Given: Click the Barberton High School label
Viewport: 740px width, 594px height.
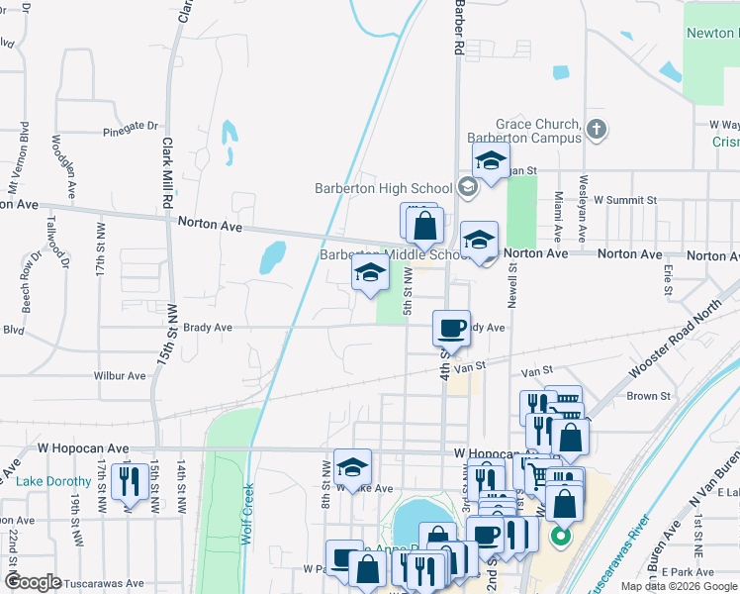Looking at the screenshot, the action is coord(383,188).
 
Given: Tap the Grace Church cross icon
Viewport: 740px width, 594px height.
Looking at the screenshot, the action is coord(596,129).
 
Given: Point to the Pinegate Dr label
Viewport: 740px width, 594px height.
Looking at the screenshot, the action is coord(131,128).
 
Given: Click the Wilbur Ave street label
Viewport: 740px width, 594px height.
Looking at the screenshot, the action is coord(120,376).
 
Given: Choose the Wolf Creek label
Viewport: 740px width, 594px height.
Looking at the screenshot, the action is coord(247,514).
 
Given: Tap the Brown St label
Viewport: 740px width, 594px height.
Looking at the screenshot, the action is coord(648,396).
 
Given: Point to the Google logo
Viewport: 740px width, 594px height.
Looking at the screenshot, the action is coord(33,583).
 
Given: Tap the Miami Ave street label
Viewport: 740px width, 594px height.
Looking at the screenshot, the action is coord(559,217).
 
